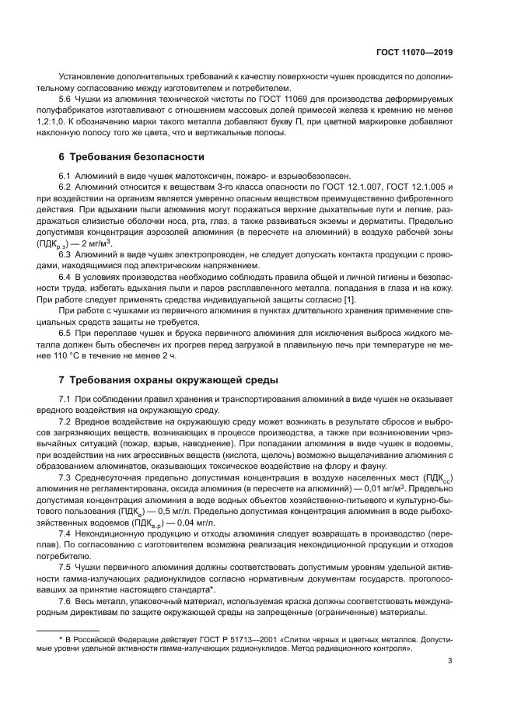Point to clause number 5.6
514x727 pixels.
tap(67, 101)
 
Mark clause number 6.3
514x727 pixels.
tap(67, 254)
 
